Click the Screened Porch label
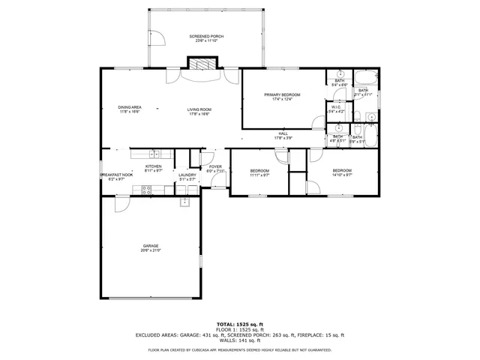(206, 36)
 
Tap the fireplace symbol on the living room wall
(200, 65)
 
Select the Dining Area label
(130, 107)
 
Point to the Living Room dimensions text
(199, 114)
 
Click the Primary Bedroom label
(281, 94)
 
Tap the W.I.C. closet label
(337, 107)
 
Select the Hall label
(283, 133)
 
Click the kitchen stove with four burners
(145, 190)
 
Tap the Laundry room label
(187, 175)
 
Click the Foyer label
(215, 166)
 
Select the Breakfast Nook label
(116, 175)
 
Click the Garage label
(151, 245)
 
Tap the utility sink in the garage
(184, 202)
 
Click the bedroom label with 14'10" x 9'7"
(341, 170)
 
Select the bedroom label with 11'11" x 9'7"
(259, 170)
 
